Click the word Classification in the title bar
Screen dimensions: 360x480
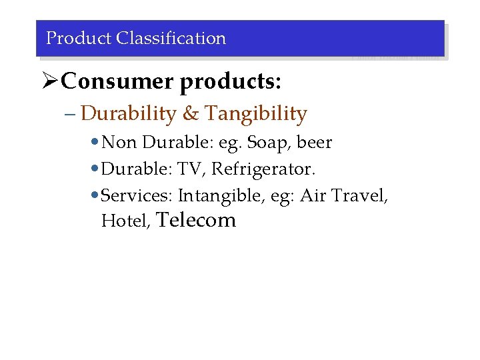[171, 39]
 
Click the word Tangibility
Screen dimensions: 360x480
[256, 114]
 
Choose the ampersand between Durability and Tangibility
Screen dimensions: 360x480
[191, 114]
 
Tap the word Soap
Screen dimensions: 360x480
[271, 143]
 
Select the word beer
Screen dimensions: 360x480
[314, 143]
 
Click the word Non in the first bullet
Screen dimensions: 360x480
[119, 143]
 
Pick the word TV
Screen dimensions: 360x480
[191, 169]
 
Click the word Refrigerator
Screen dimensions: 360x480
[263, 170]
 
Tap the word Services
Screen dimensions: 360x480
[137, 196]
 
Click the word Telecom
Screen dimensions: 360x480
[195, 220]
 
